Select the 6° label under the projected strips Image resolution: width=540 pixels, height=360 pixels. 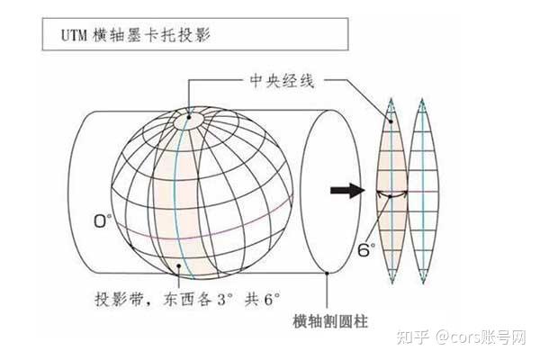tap(366, 248)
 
